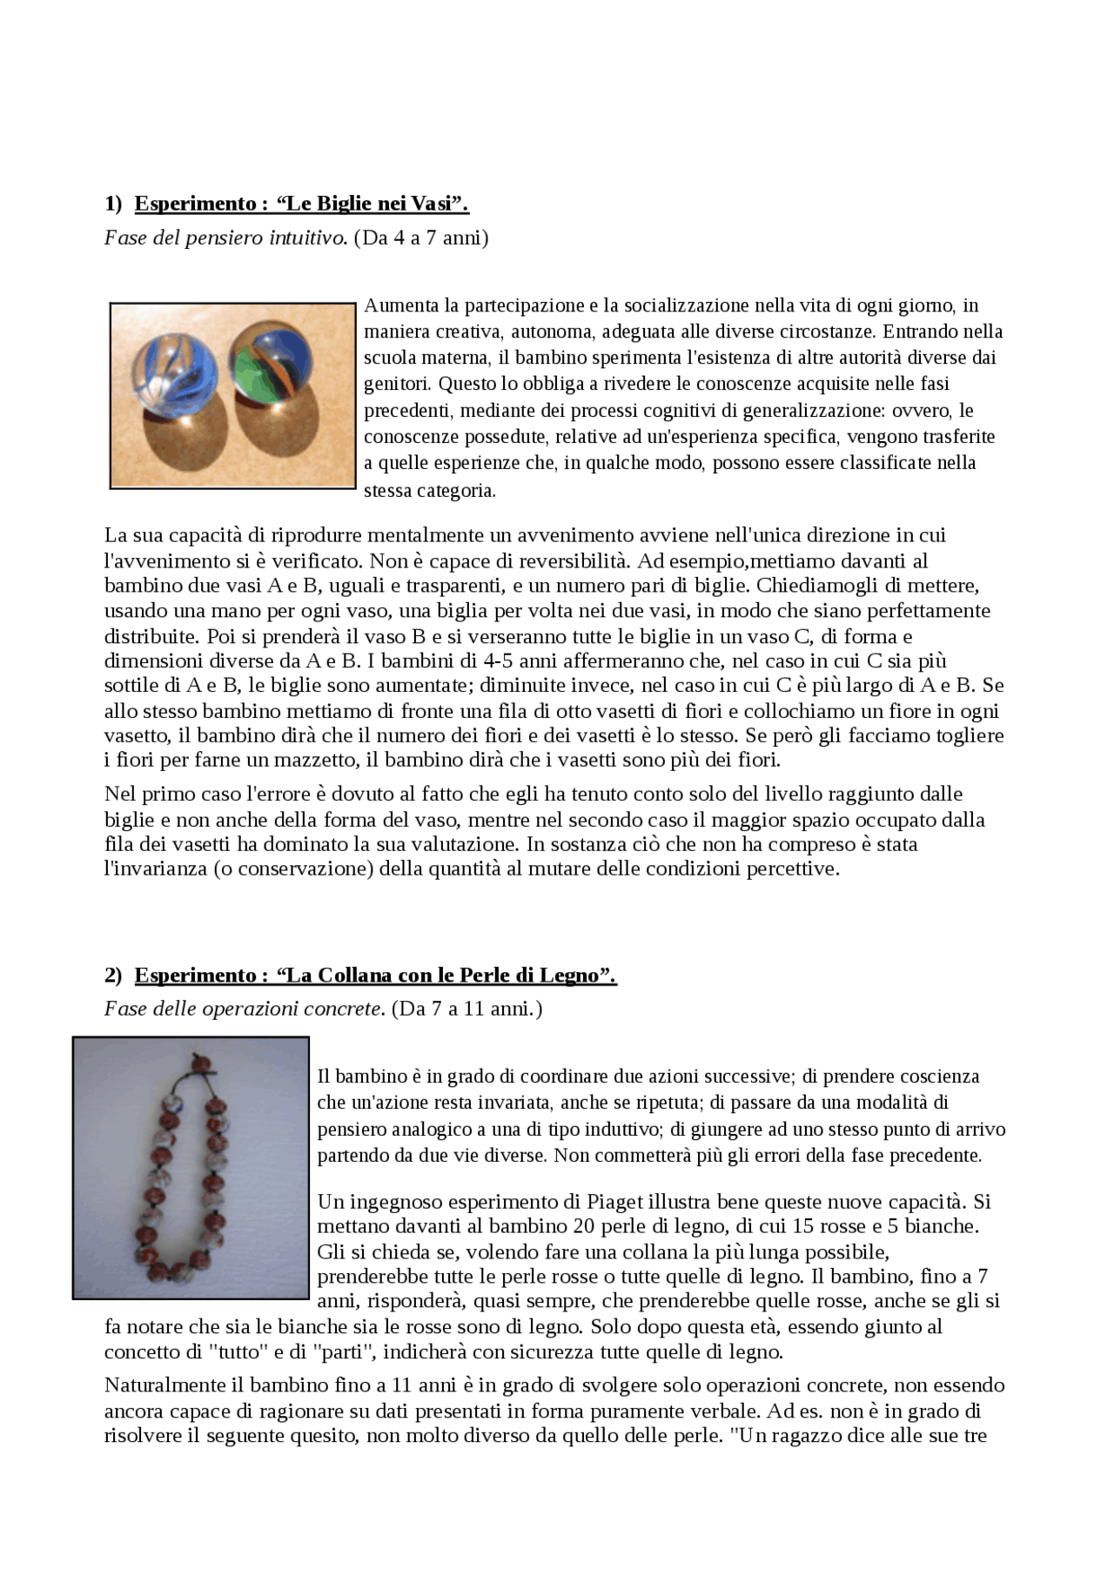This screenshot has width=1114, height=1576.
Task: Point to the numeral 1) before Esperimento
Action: point(114,204)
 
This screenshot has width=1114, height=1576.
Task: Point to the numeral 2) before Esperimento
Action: point(114,976)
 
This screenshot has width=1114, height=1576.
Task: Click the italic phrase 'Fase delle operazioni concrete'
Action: point(244,1009)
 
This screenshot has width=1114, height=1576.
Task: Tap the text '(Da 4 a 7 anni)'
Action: point(421,238)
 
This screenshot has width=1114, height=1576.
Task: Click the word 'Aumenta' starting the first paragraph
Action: point(400,305)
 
